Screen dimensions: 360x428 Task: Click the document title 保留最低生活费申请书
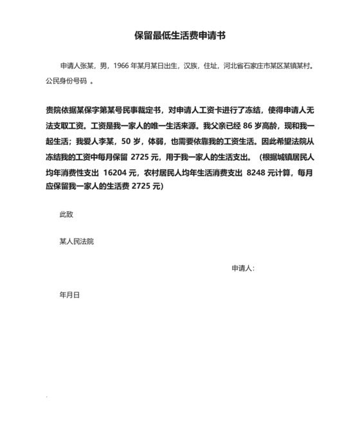click(179, 36)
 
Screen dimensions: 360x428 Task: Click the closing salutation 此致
click(66, 214)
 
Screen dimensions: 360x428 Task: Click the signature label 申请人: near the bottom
click(243, 268)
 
